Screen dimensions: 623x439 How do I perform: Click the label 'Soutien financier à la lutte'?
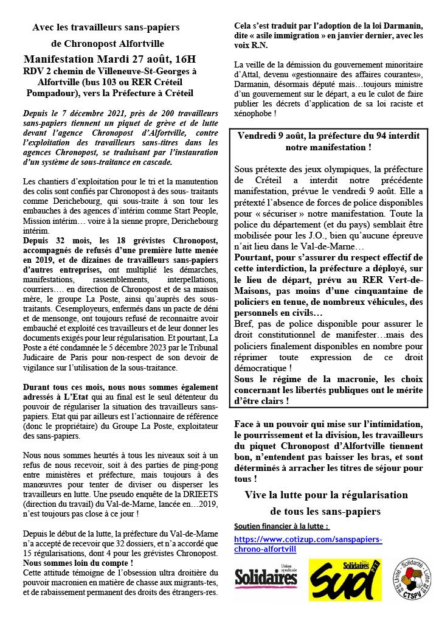click(281, 525)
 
